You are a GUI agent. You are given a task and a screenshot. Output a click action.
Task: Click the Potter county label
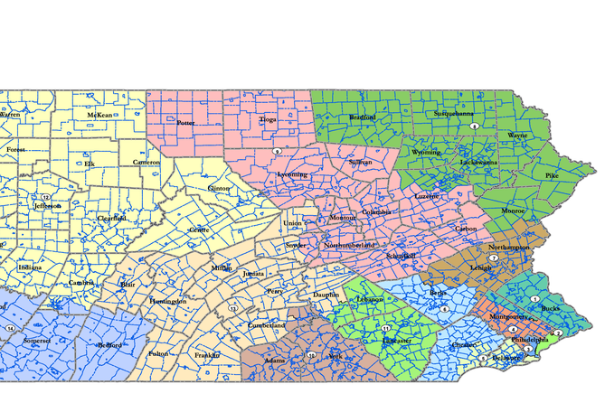point(185,123)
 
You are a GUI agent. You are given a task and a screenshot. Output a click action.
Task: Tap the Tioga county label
point(268,118)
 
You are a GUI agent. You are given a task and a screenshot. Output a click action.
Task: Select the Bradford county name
point(363,117)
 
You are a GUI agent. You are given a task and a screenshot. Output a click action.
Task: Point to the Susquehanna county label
point(453,114)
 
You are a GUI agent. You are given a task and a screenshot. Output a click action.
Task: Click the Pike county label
point(553,174)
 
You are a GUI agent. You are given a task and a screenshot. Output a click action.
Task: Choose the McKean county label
point(99,116)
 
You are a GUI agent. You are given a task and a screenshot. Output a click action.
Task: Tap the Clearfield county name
point(113,218)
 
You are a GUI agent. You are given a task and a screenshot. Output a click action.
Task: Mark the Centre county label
point(199,230)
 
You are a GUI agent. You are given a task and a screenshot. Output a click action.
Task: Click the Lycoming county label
point(292,174)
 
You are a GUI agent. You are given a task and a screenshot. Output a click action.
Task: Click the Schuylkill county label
point(401,256)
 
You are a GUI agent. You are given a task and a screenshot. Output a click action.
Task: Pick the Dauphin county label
point(326,295)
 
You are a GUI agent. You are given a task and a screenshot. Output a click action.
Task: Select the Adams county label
point(275,361)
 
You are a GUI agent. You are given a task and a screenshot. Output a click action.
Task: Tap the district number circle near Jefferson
point(45,196)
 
